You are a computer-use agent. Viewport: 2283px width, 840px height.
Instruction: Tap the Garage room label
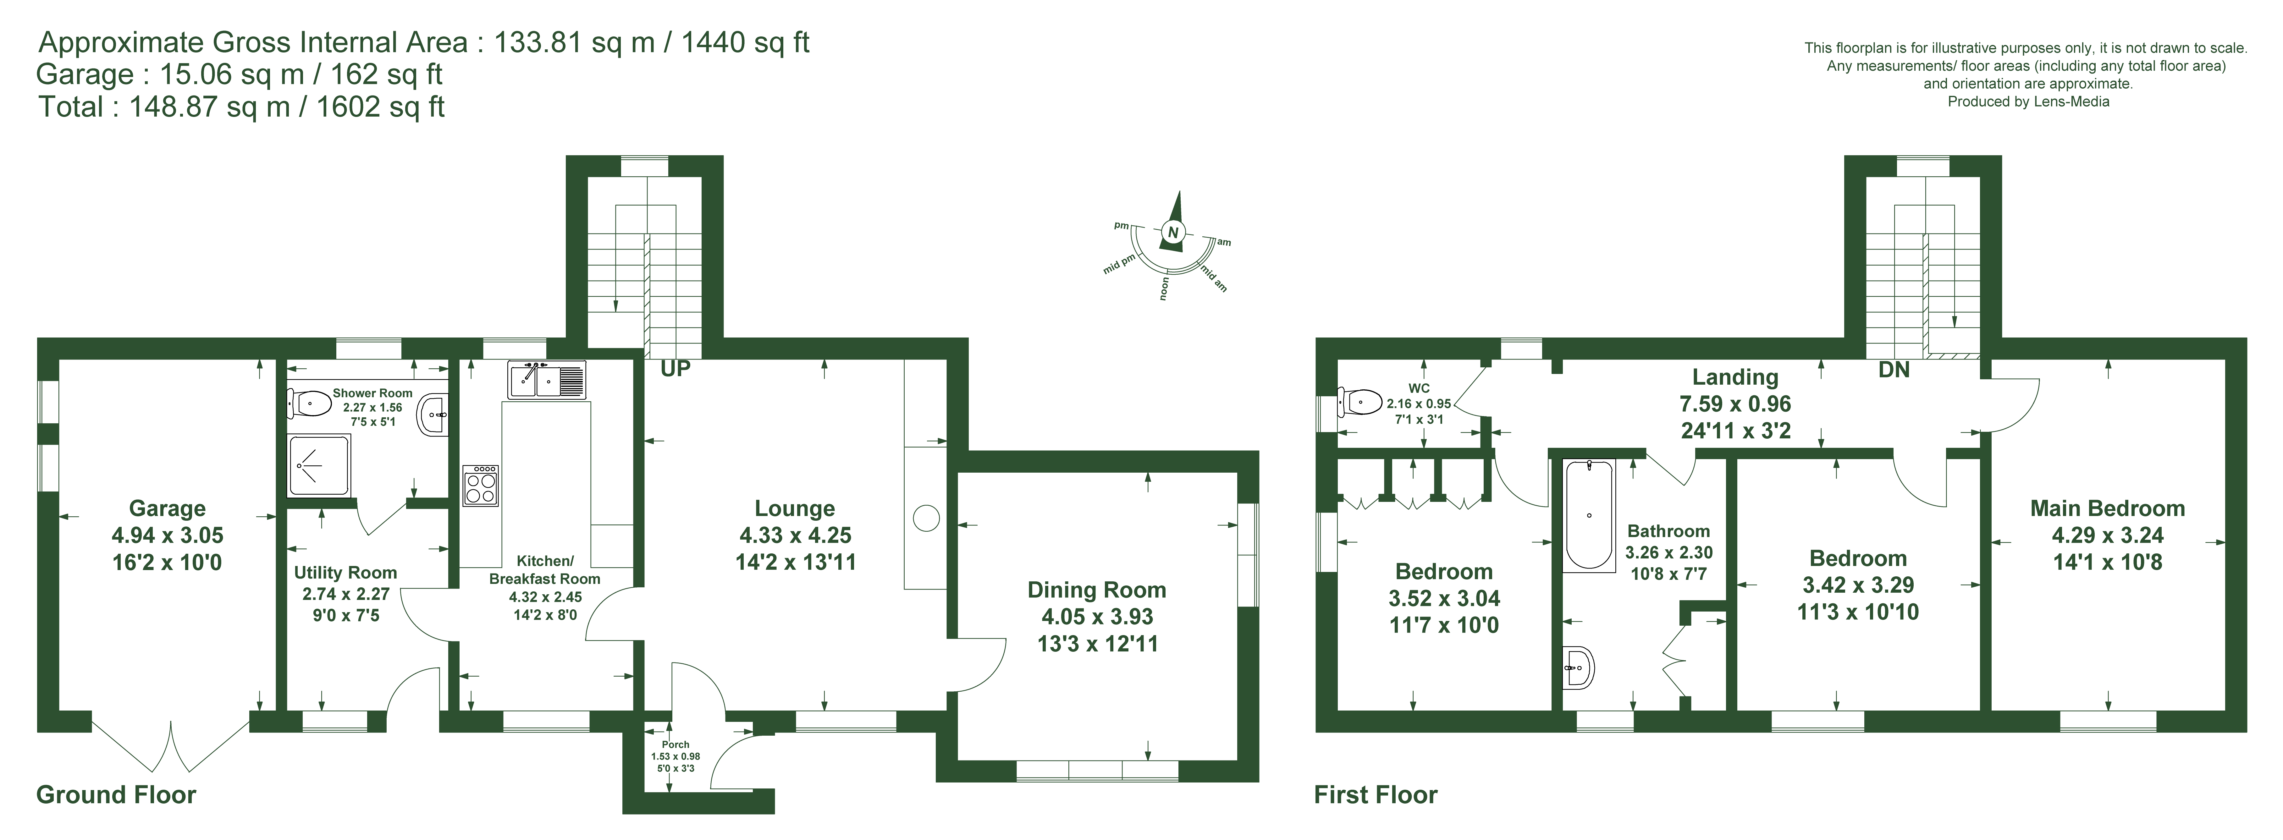click(x=168, y=508)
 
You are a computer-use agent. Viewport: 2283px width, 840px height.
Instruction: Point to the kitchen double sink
click(x=547, y=379)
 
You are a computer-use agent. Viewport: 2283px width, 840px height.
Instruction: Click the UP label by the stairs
click(x=675, y=369)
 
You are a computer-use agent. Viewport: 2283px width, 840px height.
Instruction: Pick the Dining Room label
click(x=1096, y=590)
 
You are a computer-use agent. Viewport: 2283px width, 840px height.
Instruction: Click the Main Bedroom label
click(x=2108, y=508)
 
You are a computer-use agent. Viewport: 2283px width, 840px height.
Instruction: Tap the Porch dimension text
click(x=675, y=762)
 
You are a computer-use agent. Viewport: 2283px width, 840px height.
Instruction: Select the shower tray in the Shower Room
click(x=319, y=465)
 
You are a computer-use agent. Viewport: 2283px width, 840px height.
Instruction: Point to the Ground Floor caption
click(x=116, y=795)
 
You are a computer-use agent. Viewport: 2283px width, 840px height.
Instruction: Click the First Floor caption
click(x=1376, y=795)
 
